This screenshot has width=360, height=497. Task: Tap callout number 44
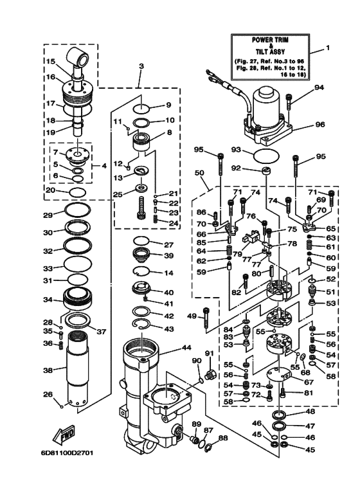click(x=186, y=347)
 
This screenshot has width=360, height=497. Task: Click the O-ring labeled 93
click(x=265, y=156)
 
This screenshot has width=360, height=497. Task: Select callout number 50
click(x=199, y=174)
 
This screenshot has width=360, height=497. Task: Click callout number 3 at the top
click(x=141, y=66)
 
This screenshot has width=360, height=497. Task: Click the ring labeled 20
click(x=77, y=192)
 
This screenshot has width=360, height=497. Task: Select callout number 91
click(x=209, y=353)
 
